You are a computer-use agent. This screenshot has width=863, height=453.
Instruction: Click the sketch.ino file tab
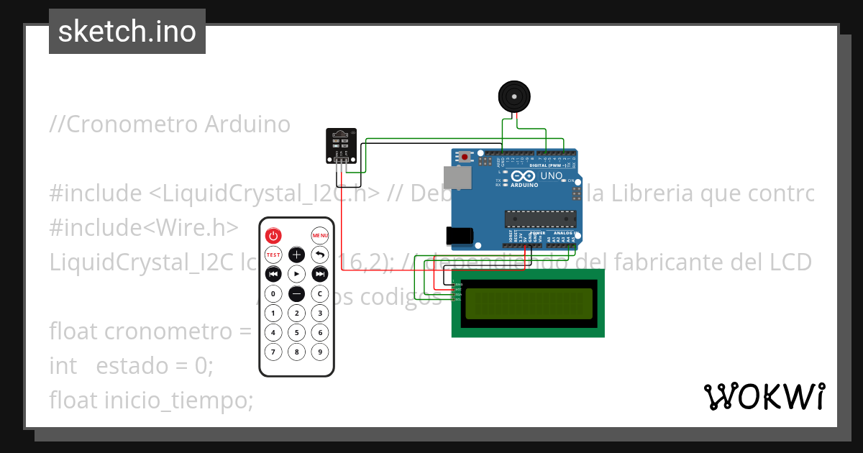coord(127,32)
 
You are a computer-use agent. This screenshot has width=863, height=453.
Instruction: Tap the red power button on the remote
coord(273,236)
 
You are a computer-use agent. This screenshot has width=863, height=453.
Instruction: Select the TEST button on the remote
coord(273,255)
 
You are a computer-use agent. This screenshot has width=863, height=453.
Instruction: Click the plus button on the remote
coord(296,255)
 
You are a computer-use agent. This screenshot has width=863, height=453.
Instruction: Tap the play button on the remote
coord(296,274)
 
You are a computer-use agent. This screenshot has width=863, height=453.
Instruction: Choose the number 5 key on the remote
coord(296,332)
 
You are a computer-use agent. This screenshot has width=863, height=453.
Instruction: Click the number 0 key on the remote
coord(273,293)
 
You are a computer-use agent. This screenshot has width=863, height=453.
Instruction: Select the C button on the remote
coord(319,293)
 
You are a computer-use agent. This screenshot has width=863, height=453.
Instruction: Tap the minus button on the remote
coord(296,293)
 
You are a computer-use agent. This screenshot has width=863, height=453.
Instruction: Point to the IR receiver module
coord(340,145)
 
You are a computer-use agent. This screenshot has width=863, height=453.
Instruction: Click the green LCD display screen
coord(529,303)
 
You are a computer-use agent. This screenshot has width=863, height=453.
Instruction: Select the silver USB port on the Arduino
coord(453,178)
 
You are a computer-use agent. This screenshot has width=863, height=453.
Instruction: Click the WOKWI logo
coord(764,396)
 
